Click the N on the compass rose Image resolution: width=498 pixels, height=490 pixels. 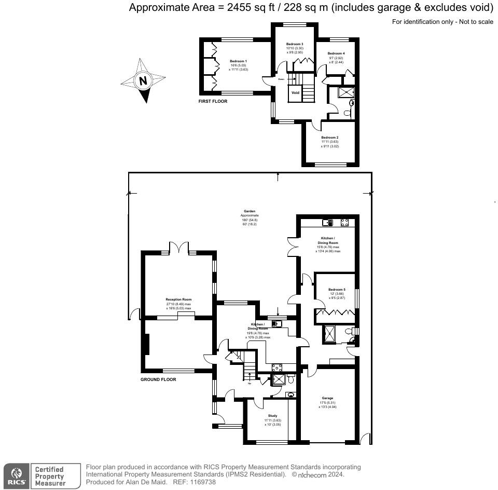(x=143, y=81)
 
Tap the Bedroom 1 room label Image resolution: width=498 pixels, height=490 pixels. (x=238, y=61)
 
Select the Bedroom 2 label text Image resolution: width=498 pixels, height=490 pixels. (x=329, y=138)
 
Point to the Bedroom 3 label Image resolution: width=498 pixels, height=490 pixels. (x=295, y=45)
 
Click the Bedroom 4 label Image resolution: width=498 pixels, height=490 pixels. (x=336, y=53)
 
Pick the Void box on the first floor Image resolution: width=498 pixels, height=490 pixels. (x=295, y=93)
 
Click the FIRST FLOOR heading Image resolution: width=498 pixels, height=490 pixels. (x=213, y=101)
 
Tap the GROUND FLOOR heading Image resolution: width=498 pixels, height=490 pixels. (x=158, y=379)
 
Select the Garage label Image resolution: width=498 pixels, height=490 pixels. (x=327, y=398)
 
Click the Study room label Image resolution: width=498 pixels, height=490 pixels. (x=272, y=416)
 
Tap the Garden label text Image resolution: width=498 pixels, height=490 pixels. (x=249, y=211)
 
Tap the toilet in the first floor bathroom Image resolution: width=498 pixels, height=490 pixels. (x=351, y=103)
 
